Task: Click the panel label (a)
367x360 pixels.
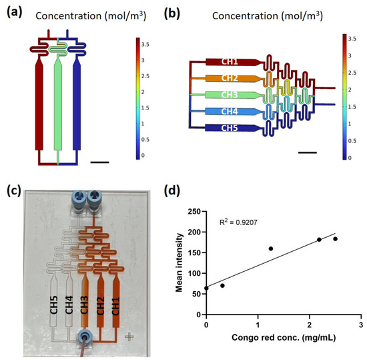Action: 15,13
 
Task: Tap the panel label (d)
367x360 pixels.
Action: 172,191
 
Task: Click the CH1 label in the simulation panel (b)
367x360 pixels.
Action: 230,61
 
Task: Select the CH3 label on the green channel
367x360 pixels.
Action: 230,95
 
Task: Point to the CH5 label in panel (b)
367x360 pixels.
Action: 230,128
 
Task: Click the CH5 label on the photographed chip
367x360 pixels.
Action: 54,305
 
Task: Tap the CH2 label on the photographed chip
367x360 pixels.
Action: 100,306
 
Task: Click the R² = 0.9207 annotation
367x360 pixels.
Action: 238,222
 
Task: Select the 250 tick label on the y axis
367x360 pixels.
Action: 194,212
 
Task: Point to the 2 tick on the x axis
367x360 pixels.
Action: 310,325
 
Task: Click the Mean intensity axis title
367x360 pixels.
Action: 179,262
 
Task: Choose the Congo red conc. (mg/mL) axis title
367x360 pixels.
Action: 284,337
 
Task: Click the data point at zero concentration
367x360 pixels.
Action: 206,288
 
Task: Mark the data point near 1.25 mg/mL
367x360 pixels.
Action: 271,248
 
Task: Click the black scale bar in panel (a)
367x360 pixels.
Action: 99,162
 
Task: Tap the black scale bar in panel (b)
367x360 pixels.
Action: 308,153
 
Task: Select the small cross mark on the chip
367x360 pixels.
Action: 129,337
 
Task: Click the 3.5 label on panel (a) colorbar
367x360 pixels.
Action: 145,45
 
